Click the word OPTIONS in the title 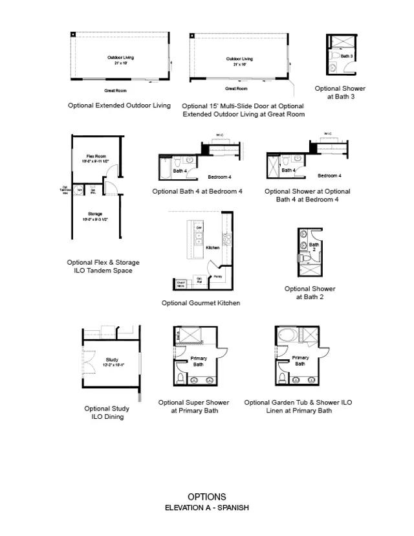pyautogui.click(x=207, y=497)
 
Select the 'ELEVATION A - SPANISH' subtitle pyautogui.click(x=207, y=508)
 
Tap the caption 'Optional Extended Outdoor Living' pyautogui.click(x=120, y=105)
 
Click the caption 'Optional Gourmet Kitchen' pyautogui.click(x=201, y=303)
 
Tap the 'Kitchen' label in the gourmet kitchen pyautogui.click(x=213, y=247)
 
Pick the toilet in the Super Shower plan pyautogui.click(x=180, y=377)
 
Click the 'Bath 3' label pyautogui.click(x=347, y=56)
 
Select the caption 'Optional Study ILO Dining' pyautogui.click(x=107, y=412)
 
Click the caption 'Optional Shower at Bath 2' pyautogui.click(x=310, y=293)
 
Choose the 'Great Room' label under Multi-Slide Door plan pyautogui.click(x=236, y=88)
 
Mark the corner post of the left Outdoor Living pyautogui.click(x=74, y=34)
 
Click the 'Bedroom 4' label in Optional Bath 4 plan pyautogui.click(x=219, y=177)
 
